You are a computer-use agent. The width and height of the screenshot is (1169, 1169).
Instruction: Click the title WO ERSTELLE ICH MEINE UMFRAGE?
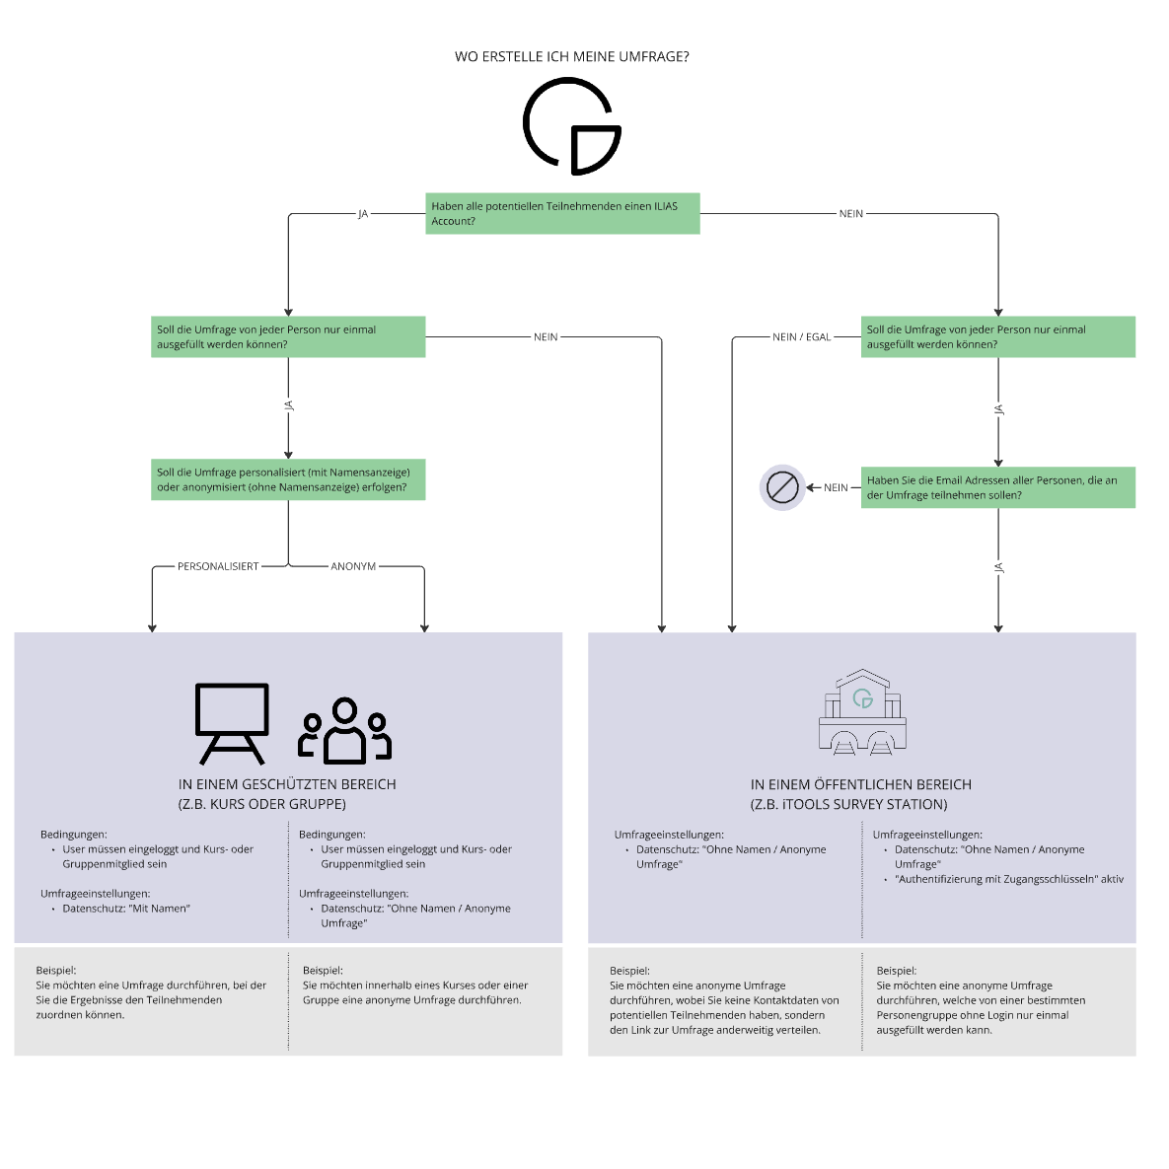pyautogui.click(x=571, y=57)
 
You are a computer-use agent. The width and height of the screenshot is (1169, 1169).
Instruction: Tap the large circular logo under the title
pyautogui.click(x=571, y=126)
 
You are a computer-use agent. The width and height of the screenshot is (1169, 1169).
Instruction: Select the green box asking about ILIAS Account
pyautogui.click(x=562, y=213)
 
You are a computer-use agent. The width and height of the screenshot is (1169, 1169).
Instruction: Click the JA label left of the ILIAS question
pyautogui.click(x=362, y=214)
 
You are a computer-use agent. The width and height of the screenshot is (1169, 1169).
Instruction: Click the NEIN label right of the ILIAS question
pyautogui.click(x=850, y=214)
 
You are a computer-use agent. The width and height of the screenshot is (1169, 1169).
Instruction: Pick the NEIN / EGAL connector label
pyautogui.click(x=801, y=337)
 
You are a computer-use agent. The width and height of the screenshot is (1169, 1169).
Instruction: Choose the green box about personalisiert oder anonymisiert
pyautogui.click(x=288, y=479)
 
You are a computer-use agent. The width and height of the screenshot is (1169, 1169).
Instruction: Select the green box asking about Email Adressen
pyautogui.click(x=997, y=487)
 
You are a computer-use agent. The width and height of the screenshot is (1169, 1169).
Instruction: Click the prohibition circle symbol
pyautogui.click(x=782, y=487)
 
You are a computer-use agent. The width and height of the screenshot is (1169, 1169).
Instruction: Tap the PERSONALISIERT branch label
pyautogui.click(x=218, y=567)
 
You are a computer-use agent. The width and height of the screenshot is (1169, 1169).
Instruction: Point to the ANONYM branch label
pyautogui.click(x=353, y=567)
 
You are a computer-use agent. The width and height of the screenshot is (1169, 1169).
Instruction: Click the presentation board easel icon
pyautogui.click(x=232, y=723)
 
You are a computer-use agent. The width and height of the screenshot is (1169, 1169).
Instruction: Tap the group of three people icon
pyautogui.click(x=344, y=731)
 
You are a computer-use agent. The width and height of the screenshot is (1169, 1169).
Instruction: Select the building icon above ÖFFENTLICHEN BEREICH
pyautogui.click(x=862, y=712)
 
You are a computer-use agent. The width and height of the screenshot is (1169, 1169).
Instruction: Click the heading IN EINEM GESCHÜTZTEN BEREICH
pyautogui.click(x=287, y=784)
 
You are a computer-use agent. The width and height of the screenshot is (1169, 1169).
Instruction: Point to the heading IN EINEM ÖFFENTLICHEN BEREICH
pyautogui.click(x=860, y=784)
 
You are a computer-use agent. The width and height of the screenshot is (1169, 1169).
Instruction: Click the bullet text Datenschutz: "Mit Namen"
pyautogui.click(x=126, y=909)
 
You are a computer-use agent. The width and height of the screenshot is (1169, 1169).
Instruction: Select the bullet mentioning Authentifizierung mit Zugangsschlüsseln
pyautogui.click(x=1008, y=879)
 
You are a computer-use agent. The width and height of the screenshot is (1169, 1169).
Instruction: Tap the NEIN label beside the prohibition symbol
pyautogui.click(x=836, y=488)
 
